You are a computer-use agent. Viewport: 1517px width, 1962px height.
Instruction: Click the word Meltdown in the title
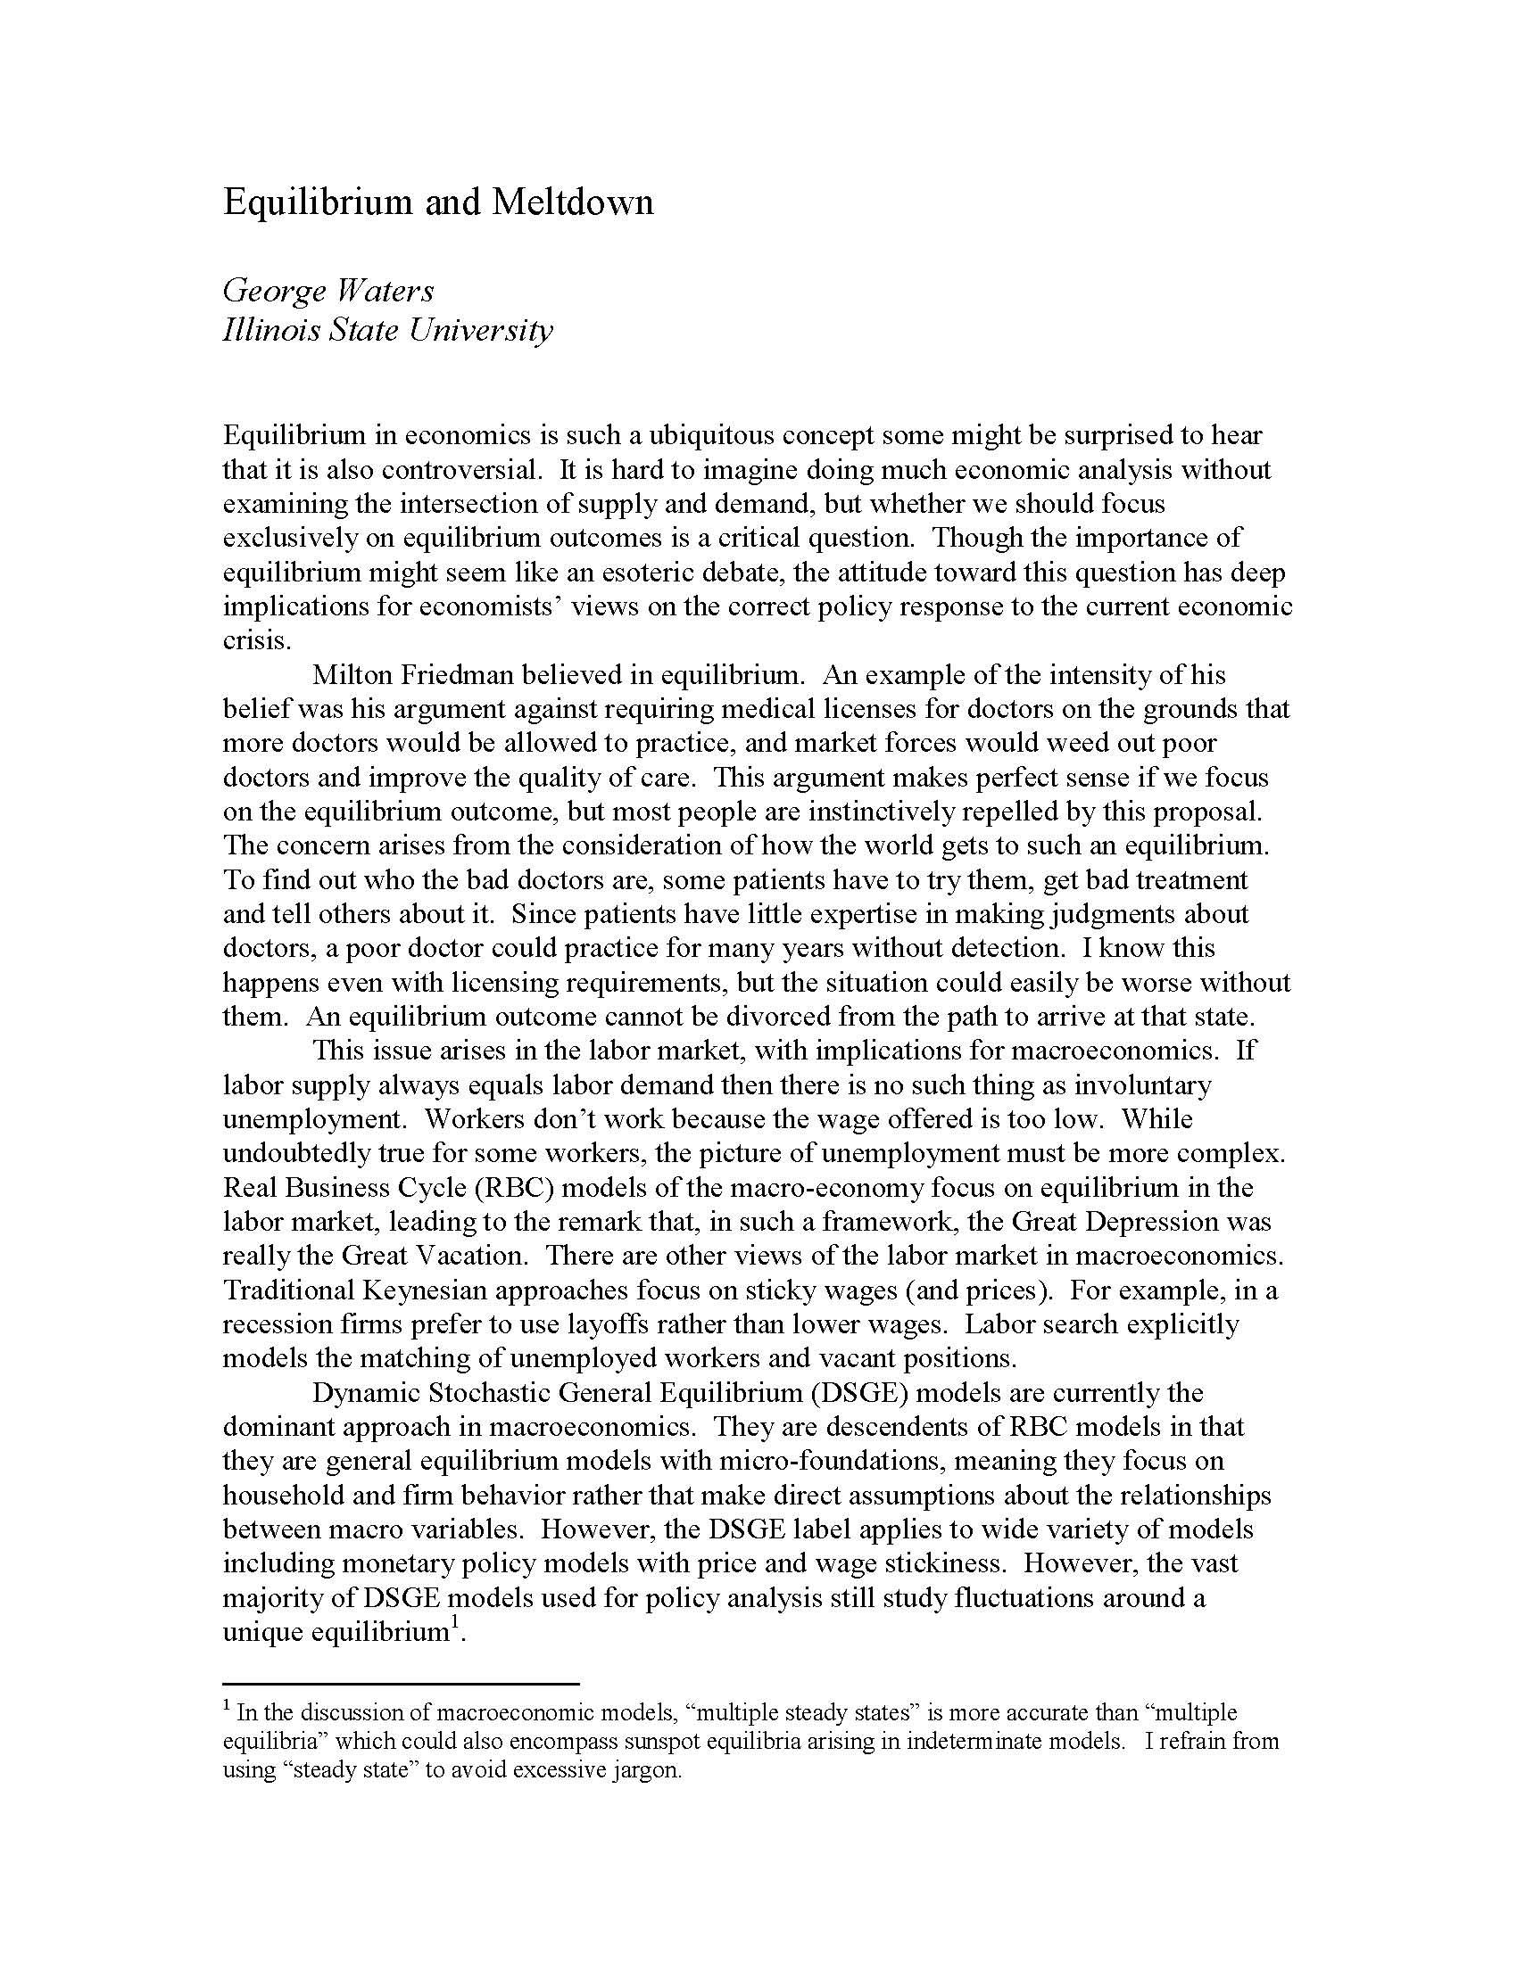573,202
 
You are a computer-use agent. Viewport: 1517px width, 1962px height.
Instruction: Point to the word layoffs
599,1323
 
